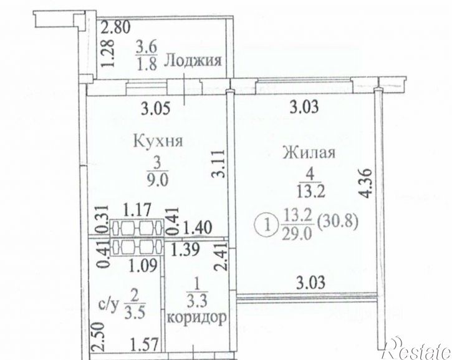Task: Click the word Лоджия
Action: coord(193,61)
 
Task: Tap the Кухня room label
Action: coord(158,141)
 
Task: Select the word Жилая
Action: coord(309,153)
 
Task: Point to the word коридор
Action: coord(196,317)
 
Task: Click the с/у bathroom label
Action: coord(108,306)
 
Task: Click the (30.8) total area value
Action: coord(337,221)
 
